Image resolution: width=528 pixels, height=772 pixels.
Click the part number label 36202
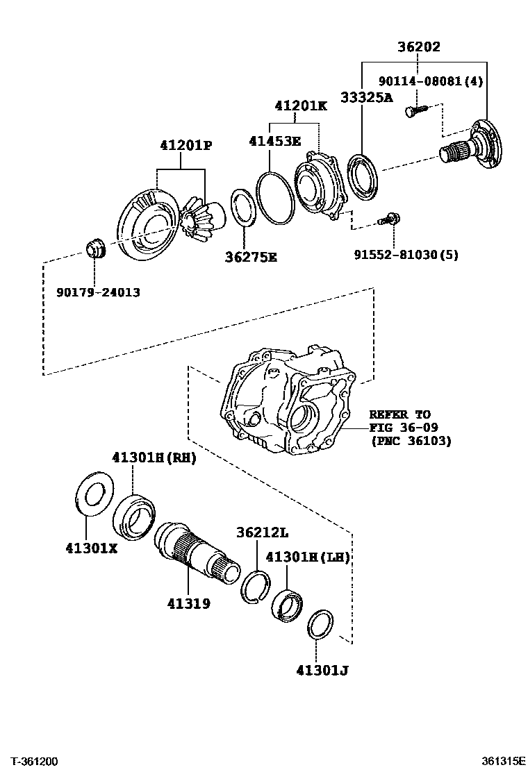pyautogui.click(x=419, y=47)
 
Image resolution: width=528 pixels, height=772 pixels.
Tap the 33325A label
pyautogui.click(x=366, y=97)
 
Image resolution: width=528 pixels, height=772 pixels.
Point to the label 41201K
pyautogui.click(x=300, y=106)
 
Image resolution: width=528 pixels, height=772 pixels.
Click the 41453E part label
pyautogui.click(x=275, y=141)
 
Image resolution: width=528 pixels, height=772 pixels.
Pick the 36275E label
pyautogui.click(x=251, y=258)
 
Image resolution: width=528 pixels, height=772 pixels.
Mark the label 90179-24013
pyautogui.click(x=98, y=292)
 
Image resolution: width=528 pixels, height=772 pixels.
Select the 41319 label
pyautogui.click(x=188, y=604)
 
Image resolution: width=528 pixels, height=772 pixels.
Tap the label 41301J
pyautogui.click(x=322, y=670)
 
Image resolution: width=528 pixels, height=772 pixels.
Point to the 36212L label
pyautogui.click(x=262, y=533)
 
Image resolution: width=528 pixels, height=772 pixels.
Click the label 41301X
pyautogui.click(x=92, y=547)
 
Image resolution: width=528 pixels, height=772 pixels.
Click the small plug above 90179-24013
pyautogui.click(x=94, y=248)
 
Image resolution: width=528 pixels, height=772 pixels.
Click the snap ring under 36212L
pyautogui.click(x=255, y=585)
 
